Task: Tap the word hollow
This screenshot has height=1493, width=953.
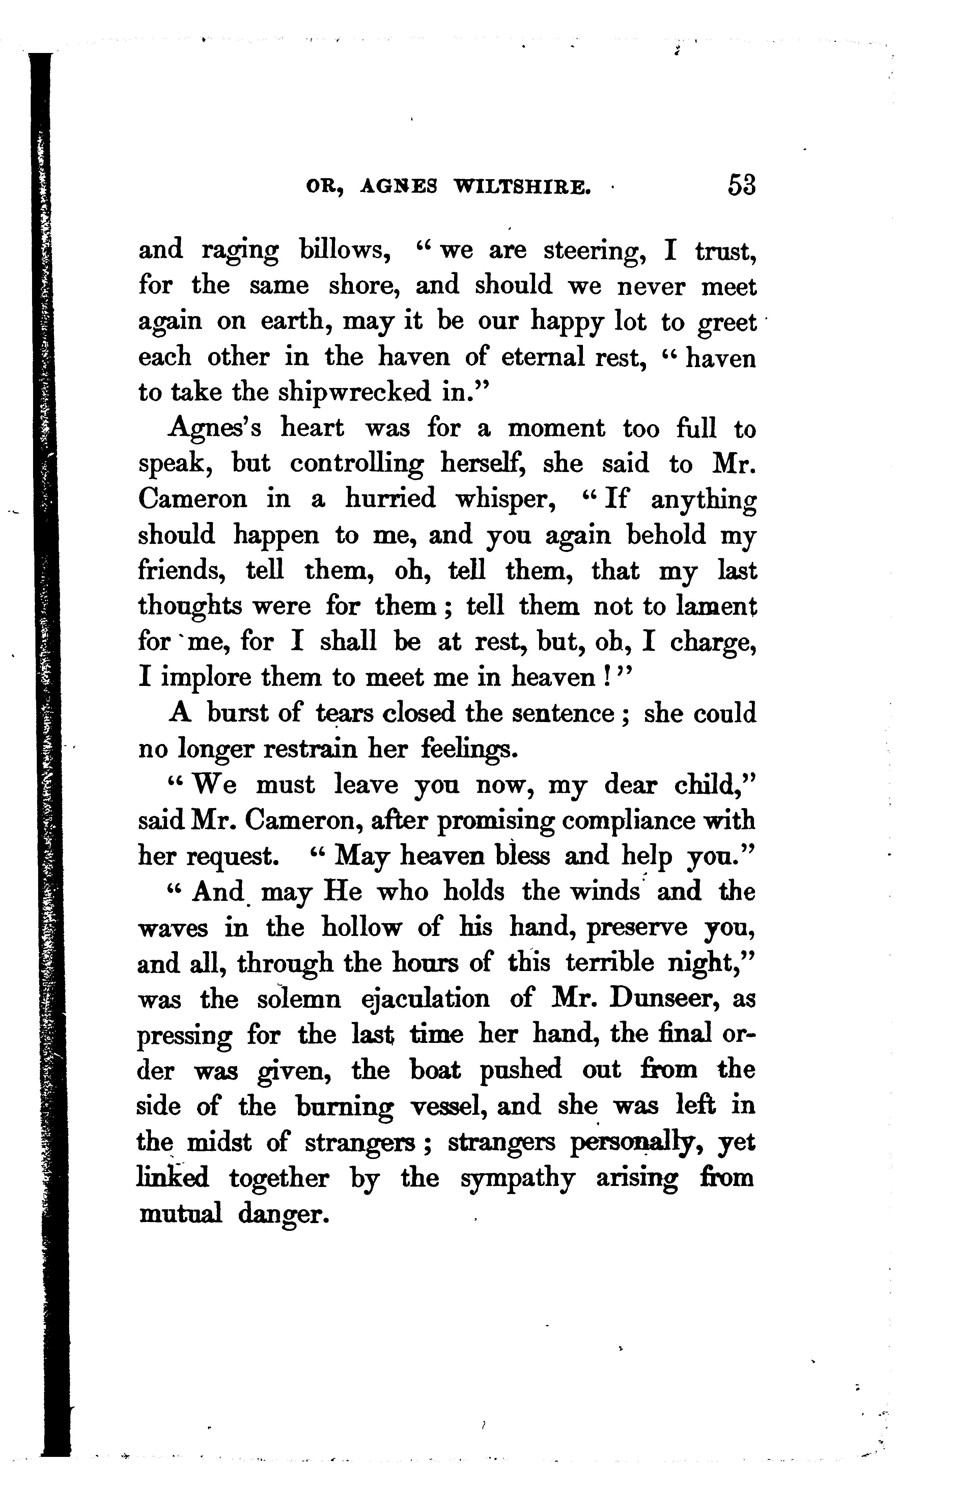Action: (361, 928)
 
